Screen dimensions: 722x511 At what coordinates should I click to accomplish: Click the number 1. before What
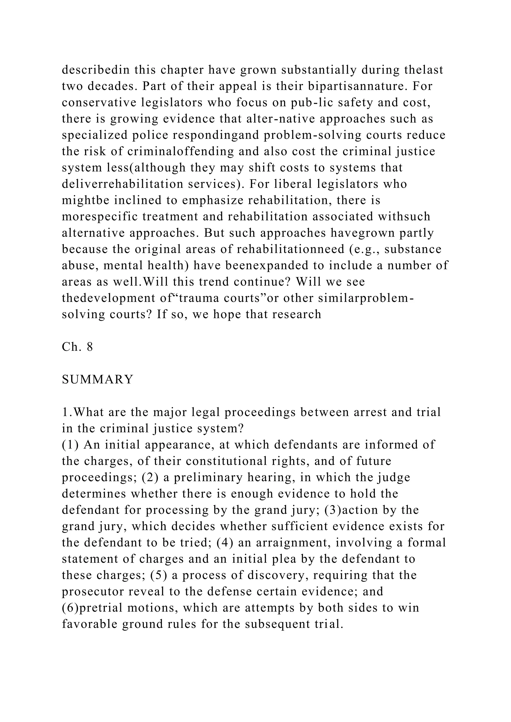click(67, 412)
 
